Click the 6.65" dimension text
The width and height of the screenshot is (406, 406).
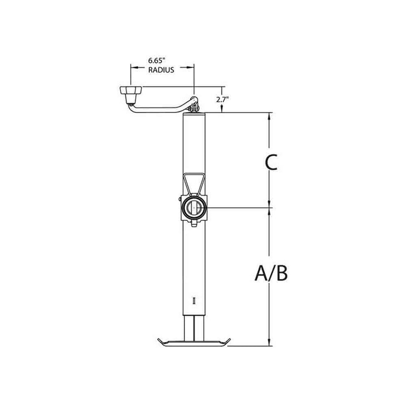coord(162,60)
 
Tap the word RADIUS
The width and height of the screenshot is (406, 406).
coord(162,71)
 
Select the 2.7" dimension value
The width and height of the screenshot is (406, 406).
coord(222,99)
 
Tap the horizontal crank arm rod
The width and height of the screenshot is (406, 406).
coord(157,107)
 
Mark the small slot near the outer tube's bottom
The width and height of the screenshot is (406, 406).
coord(194,300)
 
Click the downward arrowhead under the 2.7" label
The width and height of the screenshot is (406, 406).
coord(222,108)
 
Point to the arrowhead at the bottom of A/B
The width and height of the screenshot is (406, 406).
coord(269,342)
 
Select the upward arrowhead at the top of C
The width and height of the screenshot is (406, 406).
coord(269,116)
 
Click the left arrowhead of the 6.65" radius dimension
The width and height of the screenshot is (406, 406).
coord(134,66)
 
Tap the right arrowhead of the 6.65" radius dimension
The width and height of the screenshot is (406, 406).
coord(191,66)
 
